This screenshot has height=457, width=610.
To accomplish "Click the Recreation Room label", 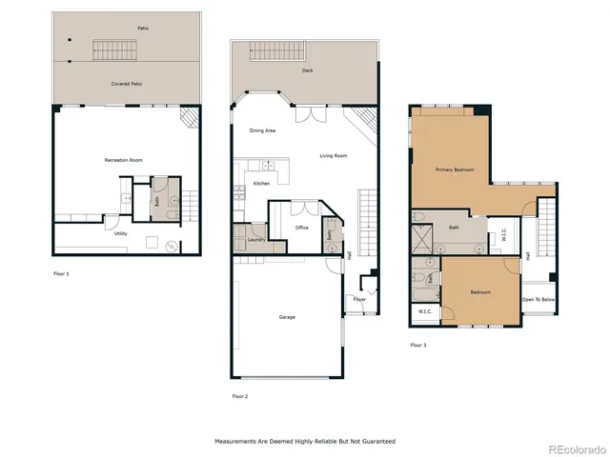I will tap(123, 161).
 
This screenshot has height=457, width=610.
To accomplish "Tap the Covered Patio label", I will tap(126, 84).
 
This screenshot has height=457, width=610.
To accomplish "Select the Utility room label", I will tap(121, 232).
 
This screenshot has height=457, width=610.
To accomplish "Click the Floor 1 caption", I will tap(61, 274).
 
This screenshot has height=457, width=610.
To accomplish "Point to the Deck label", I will tap(308, 70).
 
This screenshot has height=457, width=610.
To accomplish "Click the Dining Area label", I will tap(263, 130).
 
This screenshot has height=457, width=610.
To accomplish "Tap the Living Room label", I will tap(333, 155).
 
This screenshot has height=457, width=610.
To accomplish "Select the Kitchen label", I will tap(261, 183).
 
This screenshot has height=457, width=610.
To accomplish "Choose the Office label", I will tap(302, 228).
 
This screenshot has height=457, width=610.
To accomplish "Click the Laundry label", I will tap(254, 240).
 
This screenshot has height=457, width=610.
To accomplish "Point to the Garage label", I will tap(287, 317).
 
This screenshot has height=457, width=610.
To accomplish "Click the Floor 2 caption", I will tap(240, 395).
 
